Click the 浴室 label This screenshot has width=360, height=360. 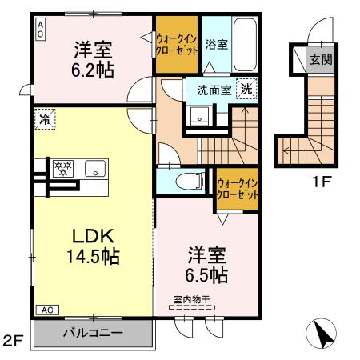[x=216, y=46]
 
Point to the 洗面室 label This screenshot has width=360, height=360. [x=214, y=90]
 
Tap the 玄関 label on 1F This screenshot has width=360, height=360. [x=322, y=59]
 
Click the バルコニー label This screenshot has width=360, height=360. [x=94, y=332]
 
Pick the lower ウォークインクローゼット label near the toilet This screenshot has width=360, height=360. [x=238, y=189]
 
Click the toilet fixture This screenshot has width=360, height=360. [x=181, y=180]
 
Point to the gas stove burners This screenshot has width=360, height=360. [x=63, y=168]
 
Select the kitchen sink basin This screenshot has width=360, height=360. [x=96, y=169]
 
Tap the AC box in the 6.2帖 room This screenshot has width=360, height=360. [x=40, y=30]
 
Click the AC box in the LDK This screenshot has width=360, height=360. [x=46, y=309]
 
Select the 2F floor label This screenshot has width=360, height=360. [x=14, y=343]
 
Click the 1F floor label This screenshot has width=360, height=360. [x=322, y=182]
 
